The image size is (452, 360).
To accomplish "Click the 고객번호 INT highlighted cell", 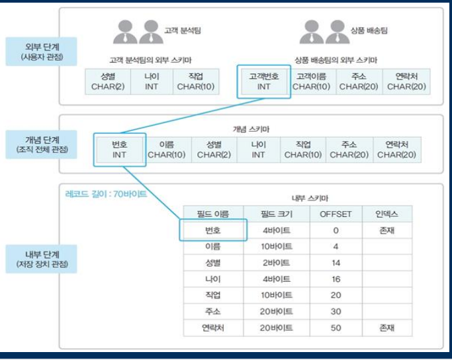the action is (x=263, y=81).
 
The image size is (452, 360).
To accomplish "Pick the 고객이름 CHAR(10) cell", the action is (x=311, y=81).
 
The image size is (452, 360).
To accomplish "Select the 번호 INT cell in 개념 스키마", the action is (x=119, y=149).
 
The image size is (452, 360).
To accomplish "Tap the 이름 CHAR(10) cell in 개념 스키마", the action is (x=167, y=149).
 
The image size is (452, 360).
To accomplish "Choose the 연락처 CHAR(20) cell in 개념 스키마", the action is (x=396, y=149).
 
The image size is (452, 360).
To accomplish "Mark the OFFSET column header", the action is (x=336, y=214).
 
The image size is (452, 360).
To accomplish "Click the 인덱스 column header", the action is (x=387, y=214).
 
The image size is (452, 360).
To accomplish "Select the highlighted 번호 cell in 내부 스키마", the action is (x=213, y=230).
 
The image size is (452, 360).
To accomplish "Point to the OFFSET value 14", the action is (x=336, y=263).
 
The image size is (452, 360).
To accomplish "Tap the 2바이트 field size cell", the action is (x=277, y=263).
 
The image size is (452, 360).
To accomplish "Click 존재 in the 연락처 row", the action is (x=387, y=328).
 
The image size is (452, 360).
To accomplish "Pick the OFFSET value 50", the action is (x=336, y=328).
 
